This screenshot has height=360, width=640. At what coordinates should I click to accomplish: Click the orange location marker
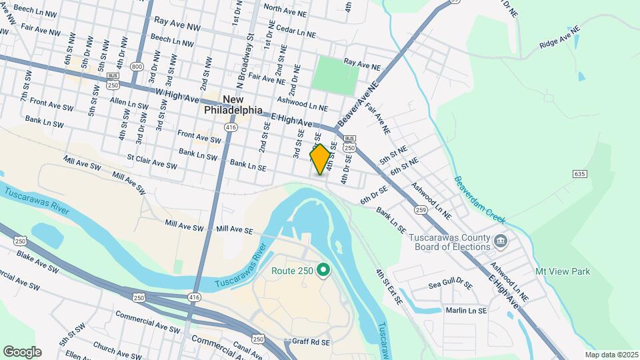(320, 159)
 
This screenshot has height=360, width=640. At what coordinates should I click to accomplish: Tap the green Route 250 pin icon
(323, 270)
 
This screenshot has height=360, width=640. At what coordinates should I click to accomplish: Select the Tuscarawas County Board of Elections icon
(501, 240)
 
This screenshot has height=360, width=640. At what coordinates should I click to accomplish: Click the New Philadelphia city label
(233, 105)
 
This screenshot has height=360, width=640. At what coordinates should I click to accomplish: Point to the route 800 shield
(137, 67)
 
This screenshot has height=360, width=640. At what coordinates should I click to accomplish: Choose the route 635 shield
(579, 174)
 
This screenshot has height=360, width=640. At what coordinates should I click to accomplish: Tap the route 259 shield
(420, 210)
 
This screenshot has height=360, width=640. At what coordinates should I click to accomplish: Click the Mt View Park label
(563, 271)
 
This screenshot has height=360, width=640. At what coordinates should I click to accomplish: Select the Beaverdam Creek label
(480, 199)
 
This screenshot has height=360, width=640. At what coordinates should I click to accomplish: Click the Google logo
(22, 351)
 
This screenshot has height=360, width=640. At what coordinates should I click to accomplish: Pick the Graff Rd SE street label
(311, 342)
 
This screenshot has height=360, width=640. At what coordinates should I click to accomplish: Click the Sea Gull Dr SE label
(451, 284)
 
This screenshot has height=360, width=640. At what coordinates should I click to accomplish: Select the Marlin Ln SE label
(467, 310)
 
